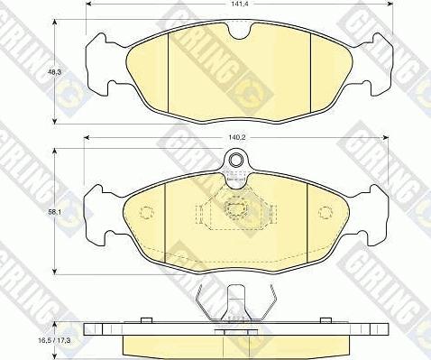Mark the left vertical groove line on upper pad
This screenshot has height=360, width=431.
coord(170,71)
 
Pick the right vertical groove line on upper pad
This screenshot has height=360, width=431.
coord(311,71)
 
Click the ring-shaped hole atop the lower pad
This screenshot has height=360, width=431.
coord(236,162)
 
